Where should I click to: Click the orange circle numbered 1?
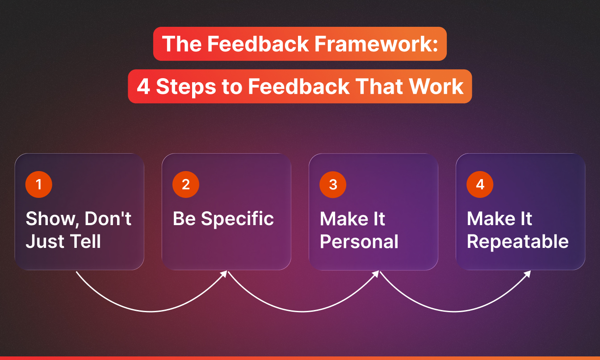tap(39, 184)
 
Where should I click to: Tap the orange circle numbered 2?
tap(186, 184)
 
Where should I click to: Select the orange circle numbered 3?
tap(333, 184)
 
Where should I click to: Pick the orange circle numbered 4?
tap(480, 184)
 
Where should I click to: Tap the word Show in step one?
tap(50, 219)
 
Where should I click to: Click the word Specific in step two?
tap(237, 219)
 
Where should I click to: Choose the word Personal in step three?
tap(359, 242)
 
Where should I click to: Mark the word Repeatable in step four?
tap(518, 242)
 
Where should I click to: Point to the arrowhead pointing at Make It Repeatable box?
tap(528, 273)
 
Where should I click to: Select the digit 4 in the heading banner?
tap(143, 86)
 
